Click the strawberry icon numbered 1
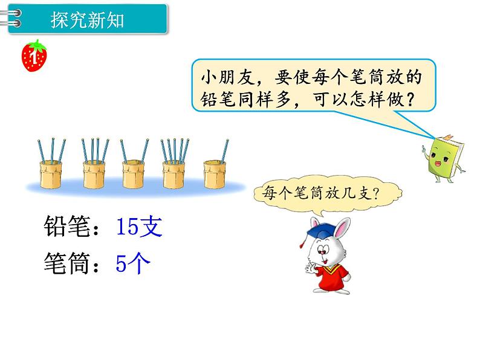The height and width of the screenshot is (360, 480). (x=34, y=56)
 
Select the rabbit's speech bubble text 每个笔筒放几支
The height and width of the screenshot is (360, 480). (x=324, y=194)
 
